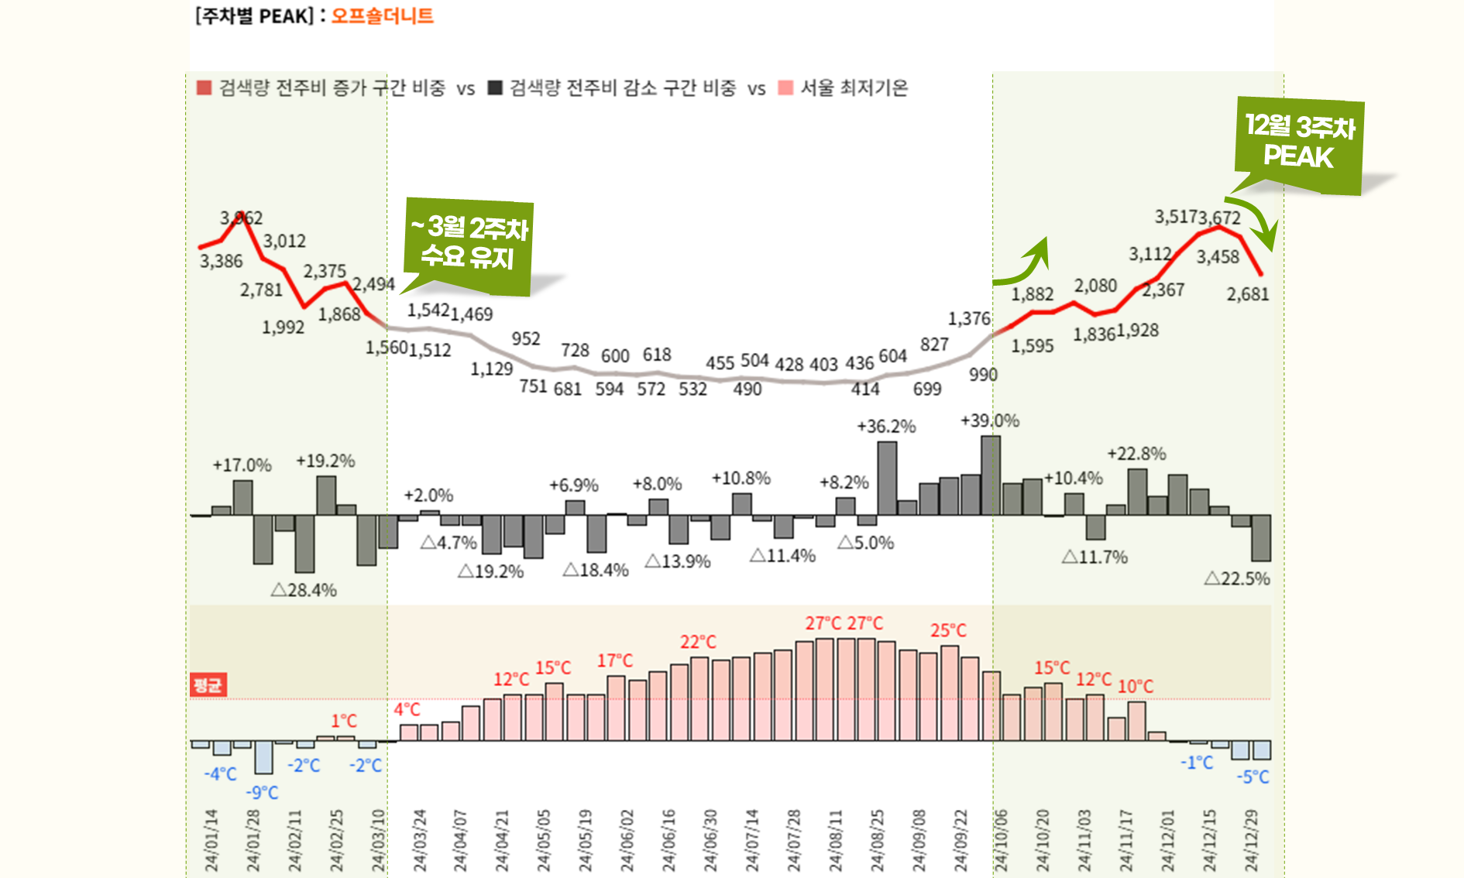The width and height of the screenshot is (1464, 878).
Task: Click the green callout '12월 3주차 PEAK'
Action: coord(1299,142)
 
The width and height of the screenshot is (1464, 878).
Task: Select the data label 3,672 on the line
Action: coord(1220,218)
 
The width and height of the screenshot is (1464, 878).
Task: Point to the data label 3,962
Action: coord(241,218)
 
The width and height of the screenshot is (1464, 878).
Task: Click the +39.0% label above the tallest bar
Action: coord(989,420)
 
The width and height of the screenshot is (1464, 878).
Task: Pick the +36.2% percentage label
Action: coord(886,426)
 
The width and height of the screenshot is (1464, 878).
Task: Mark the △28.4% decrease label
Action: coord(304,590)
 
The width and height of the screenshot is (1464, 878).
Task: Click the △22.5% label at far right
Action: coord(1237,578)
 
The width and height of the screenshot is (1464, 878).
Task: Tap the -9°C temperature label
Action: coord(262,792)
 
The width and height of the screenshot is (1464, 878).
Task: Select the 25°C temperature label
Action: coord(948,630)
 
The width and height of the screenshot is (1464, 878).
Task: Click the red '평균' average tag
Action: coord(208,684)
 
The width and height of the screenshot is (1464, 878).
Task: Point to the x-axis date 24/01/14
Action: coord(211,841)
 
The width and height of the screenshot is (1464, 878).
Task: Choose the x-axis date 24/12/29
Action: coord(1251,841)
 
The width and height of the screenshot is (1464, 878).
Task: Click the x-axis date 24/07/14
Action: coord(751,841)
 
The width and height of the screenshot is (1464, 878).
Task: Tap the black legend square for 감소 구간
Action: coord(495,87)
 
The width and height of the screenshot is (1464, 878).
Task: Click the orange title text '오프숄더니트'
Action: coord(382,16)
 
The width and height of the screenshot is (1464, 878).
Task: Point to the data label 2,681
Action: coord(1247,294)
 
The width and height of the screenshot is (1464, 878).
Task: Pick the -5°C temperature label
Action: coord(1253,777)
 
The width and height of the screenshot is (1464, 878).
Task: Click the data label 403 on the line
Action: coord(823,364)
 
